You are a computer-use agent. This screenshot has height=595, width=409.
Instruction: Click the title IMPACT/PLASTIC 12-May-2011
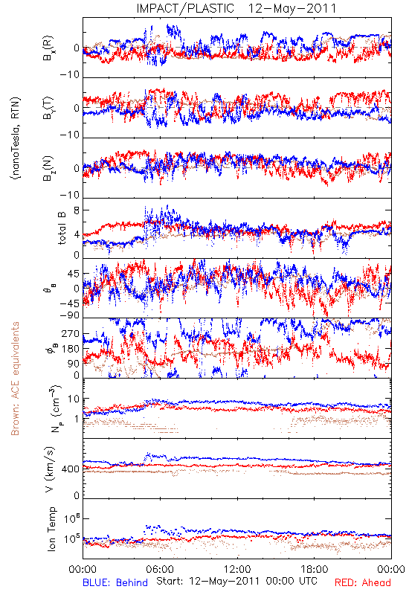pos(236,8)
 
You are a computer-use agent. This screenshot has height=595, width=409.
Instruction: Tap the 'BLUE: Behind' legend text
pos(115,582)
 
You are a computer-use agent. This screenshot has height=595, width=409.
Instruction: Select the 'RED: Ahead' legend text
pos(363,582)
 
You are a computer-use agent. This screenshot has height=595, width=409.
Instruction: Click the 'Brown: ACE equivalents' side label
pos(15,379)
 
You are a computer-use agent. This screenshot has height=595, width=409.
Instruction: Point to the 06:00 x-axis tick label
pos(160,569)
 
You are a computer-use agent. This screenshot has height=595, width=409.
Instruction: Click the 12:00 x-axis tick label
pos(237,569)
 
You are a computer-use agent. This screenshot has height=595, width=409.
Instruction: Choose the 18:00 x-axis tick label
pos(315,569)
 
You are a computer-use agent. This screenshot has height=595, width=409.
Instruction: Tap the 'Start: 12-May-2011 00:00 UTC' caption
pos(236,581)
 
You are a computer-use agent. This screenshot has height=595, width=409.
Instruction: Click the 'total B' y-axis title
pos(62,228)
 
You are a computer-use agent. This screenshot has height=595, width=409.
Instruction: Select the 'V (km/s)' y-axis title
pos(50,469)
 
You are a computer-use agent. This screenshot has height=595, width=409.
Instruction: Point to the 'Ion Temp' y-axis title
pos(51,529)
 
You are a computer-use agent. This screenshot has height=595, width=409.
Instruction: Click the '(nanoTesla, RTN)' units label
pos(16,138)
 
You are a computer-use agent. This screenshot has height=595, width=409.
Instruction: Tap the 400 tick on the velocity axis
pos(71,469)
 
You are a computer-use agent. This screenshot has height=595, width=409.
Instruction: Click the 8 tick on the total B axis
pos(77,211)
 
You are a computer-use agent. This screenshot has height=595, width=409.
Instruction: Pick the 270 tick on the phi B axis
pos(71,334)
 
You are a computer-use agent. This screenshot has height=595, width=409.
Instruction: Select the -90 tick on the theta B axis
pos(70,315)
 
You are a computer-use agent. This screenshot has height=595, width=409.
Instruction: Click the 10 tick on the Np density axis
pos(74,399)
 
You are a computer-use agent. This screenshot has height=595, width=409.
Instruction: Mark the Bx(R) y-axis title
pos(48,48)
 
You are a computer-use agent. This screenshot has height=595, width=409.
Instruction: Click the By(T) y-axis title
pos(48,108)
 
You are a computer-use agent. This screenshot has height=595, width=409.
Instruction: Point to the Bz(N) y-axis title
pos(48,168)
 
